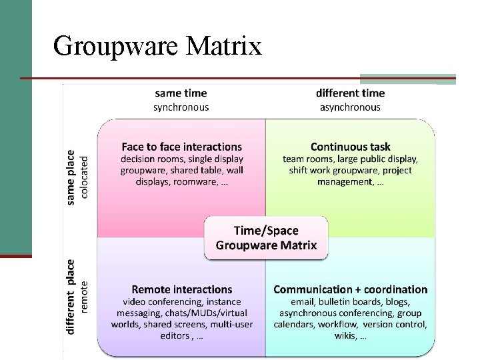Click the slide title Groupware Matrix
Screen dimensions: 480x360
tap(157, 46)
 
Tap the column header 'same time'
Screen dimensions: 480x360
tap(181, 93)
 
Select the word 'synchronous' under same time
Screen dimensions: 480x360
tap(181, 107)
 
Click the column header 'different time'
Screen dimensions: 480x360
tap(350, 93)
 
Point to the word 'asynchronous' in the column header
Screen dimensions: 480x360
tap(350, 107)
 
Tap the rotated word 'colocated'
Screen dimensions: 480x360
tap(84, 177)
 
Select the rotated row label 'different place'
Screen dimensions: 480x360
tap(71, 297)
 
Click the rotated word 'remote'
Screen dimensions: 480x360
tap(84, 297)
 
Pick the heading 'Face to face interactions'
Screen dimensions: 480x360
tap(182, 146)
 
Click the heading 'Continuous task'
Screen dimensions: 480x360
tap(351, 146)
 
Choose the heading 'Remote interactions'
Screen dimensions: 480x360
tap(182, 289)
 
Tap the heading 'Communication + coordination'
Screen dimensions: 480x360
tap(351, 289)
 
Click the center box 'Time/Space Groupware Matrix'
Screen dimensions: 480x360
tap(266, 237)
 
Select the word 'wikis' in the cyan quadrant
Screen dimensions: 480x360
tap(345, 336)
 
